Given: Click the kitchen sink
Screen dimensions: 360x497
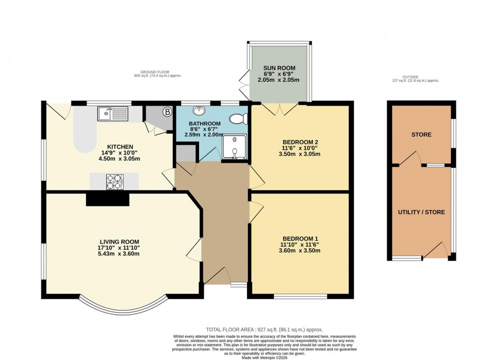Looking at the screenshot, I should coord(112,114).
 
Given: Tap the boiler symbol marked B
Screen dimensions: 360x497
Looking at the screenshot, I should coord(167,112).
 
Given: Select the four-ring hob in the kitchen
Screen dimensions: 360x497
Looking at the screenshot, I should coord(114,181).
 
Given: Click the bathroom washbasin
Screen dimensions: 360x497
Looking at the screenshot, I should coord(199,110).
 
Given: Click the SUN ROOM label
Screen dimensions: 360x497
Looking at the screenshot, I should coord(279,68).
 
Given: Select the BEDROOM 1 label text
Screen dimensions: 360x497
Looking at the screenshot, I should coord(300,239).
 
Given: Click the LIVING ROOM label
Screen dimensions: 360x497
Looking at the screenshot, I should coord(119,241).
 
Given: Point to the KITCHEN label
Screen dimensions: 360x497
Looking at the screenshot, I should coord(120,146).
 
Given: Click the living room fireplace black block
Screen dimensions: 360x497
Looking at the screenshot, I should coord(108,199).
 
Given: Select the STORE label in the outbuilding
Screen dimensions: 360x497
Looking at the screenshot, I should coord(421,135).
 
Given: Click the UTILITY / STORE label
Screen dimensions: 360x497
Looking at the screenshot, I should coord(421,212).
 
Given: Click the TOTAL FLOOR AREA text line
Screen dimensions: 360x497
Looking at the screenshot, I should coord(264,329).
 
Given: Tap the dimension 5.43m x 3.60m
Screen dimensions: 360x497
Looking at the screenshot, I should coord(119,254).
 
